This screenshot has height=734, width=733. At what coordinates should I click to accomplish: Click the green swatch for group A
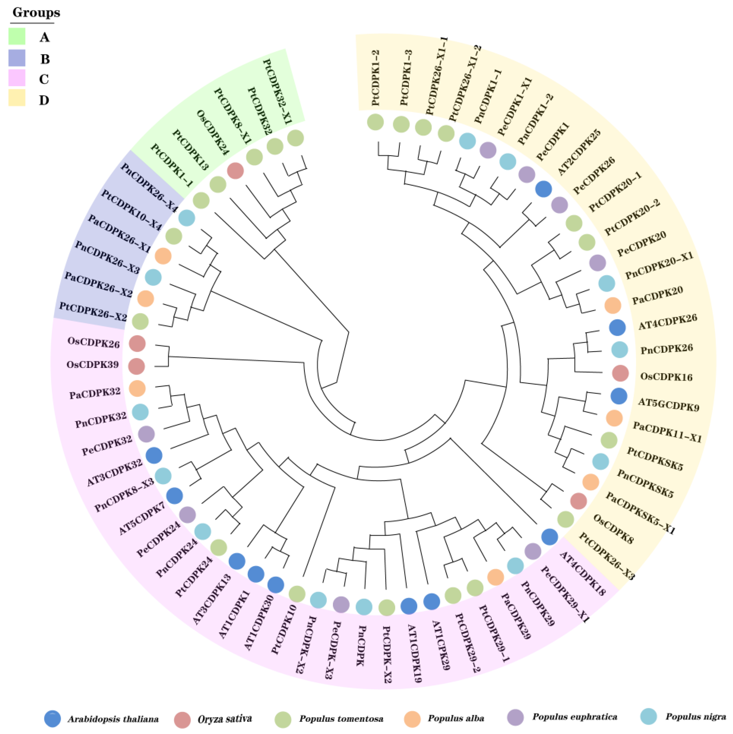pyautogui.click(x=17, y=37)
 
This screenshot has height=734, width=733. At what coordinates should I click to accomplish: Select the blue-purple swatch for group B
pyautogui.click(x=17, y=58)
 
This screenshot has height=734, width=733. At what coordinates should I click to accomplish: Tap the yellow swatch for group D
pyautogui.click(x=17, y=98)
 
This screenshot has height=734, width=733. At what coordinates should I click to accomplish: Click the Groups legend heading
pyautogui.click(x=36, y=13)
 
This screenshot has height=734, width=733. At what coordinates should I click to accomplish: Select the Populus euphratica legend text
pyautogui.click(x=575, y=717)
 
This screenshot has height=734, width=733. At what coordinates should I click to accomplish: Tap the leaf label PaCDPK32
pyautogui.click(x=95, y=393)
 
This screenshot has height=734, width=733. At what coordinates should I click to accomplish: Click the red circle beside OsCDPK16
pyautogui.click(x=620, y=373)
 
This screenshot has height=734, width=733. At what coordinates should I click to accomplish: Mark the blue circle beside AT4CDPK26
pyautogui.click(x=617, y=327)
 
